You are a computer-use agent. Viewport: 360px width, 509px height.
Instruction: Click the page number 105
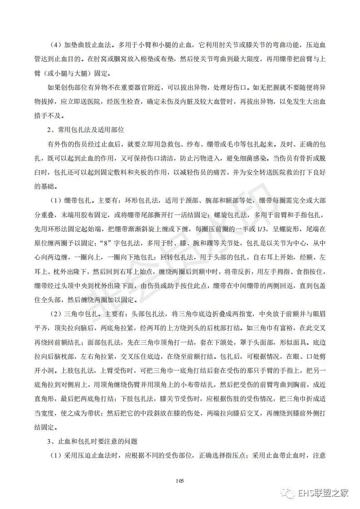(x=180, y=481)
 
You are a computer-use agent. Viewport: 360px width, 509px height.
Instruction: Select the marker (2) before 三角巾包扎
(x=56, y=313)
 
